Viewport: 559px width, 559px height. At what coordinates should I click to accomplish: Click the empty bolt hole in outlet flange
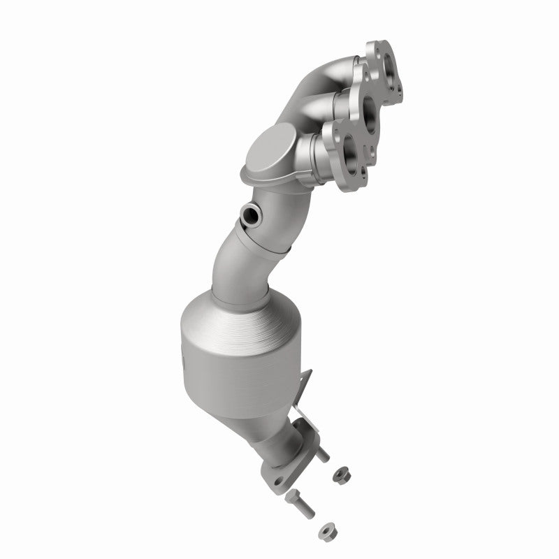pyautogui.click(x=279, y=481)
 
